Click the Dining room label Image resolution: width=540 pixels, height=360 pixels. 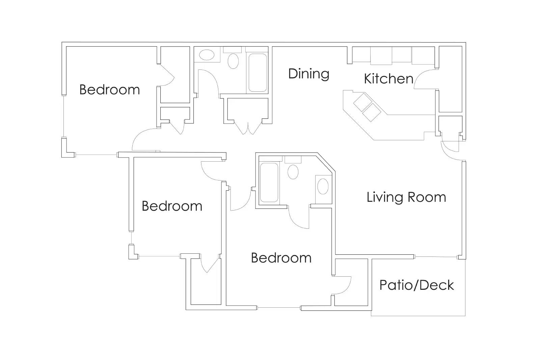[x=308, y=74]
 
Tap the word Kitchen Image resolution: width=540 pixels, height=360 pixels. [x=388, y=79]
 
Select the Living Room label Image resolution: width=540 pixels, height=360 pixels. [x=406, y=197]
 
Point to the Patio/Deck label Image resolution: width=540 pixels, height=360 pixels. [x=416, y=285]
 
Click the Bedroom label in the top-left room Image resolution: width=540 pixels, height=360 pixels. [x=109, y=90]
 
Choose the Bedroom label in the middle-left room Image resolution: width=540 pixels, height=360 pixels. [x=172, y=206]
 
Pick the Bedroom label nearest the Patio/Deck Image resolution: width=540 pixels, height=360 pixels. [x=281, y=258]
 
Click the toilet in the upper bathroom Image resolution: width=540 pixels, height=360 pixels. [x=233, y=61]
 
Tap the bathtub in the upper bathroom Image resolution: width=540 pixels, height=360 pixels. [x=258, y=73]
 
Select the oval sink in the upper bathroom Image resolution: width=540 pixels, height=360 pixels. [x=207, y=55]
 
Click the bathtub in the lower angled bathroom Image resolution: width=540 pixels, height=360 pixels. [x=269, y=183]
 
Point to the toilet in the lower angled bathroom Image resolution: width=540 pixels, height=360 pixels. [x=293, y=171]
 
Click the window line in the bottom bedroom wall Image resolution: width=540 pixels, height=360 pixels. [x=279, y=308]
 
